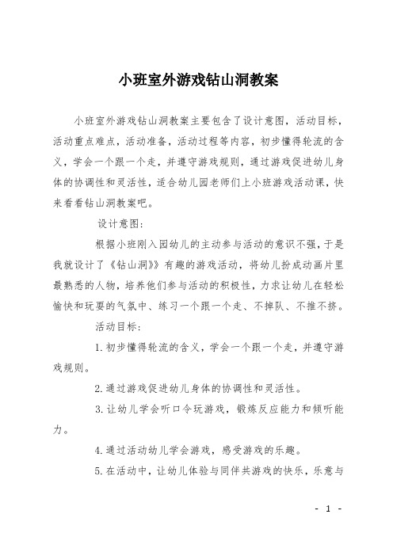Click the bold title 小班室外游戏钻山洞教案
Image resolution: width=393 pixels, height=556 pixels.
tap(196, 80)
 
